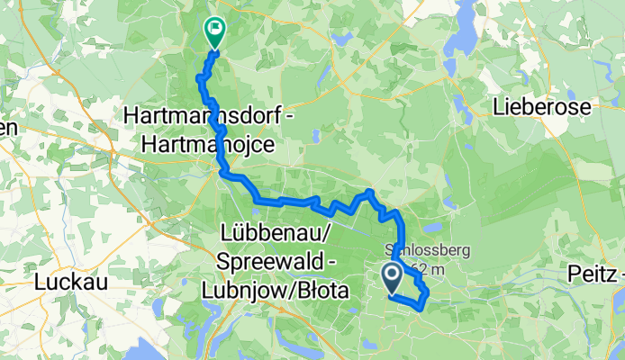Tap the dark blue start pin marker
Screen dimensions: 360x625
394,275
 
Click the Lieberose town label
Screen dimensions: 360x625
542,107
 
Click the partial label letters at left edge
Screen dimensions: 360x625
7,128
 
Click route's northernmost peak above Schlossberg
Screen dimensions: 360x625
368,193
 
